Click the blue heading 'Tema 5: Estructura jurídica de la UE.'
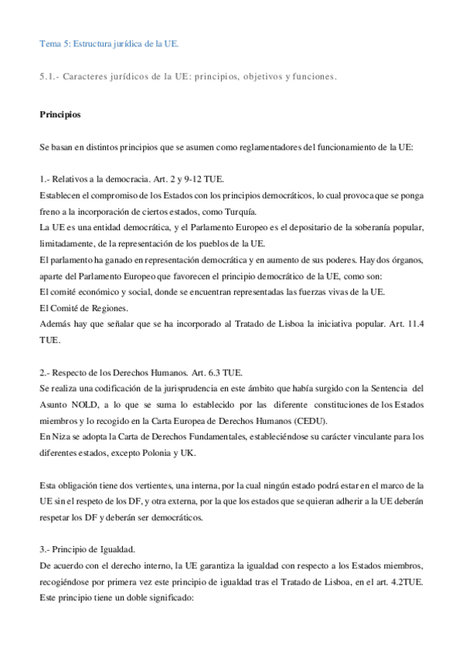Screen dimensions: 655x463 pyautogui.click(x=109, y=44)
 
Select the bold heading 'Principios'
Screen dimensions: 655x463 pyautogui.click(x=60, y=115)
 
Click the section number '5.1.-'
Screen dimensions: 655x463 pyautogui.click(x=49, y=76)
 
